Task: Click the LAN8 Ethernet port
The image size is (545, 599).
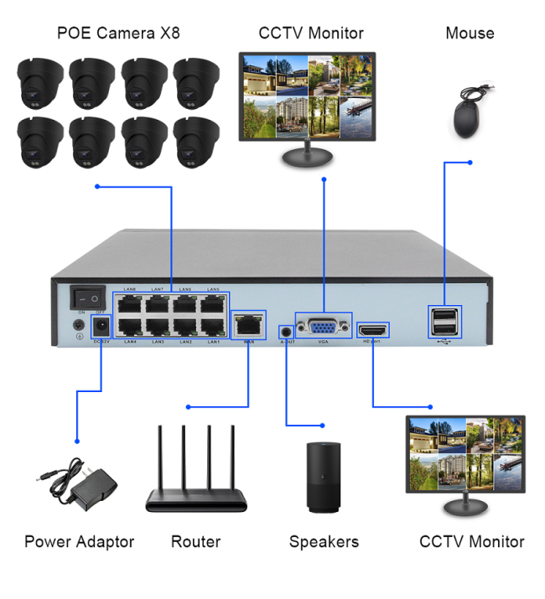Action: point(129,302)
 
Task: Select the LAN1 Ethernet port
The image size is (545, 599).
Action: point(213,327)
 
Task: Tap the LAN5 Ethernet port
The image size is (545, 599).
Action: point(213,302)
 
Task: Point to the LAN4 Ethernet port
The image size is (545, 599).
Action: point(129,327)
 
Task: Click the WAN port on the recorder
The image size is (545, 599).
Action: point(248,324)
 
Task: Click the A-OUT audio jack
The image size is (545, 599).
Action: point(287,330)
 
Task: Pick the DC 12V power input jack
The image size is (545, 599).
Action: point(101,325)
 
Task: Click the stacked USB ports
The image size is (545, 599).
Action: point(444,321)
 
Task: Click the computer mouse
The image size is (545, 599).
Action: point(467,116)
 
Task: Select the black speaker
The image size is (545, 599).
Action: point(324,477)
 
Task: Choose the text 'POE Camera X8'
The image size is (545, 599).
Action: point(118,34)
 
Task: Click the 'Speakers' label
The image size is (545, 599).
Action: point(324,542)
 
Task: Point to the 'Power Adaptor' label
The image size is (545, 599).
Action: point(79,542)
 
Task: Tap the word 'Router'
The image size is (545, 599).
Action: point(195,542)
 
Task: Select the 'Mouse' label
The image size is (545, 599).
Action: point(470,34)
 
